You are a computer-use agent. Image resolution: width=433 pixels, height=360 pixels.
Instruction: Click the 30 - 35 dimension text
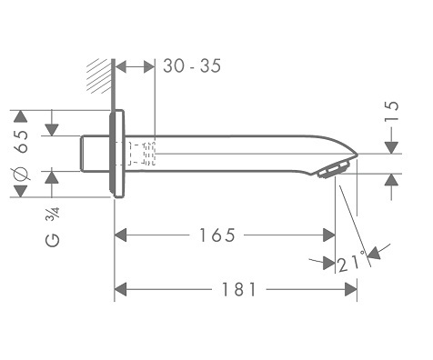[x=192, y=66]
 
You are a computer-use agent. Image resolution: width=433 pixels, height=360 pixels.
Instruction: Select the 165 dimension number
[x=216, y=235]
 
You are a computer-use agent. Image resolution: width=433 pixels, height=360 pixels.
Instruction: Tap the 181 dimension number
[x=239, y=289]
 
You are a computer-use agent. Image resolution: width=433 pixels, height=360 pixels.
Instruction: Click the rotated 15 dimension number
[x=391, y=112]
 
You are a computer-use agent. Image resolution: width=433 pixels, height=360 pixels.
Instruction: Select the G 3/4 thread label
[x=53, y=227]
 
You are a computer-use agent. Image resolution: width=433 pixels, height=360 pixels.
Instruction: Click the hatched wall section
[x=99, y=75]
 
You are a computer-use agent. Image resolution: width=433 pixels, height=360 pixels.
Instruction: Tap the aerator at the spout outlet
[x=334, y=170]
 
